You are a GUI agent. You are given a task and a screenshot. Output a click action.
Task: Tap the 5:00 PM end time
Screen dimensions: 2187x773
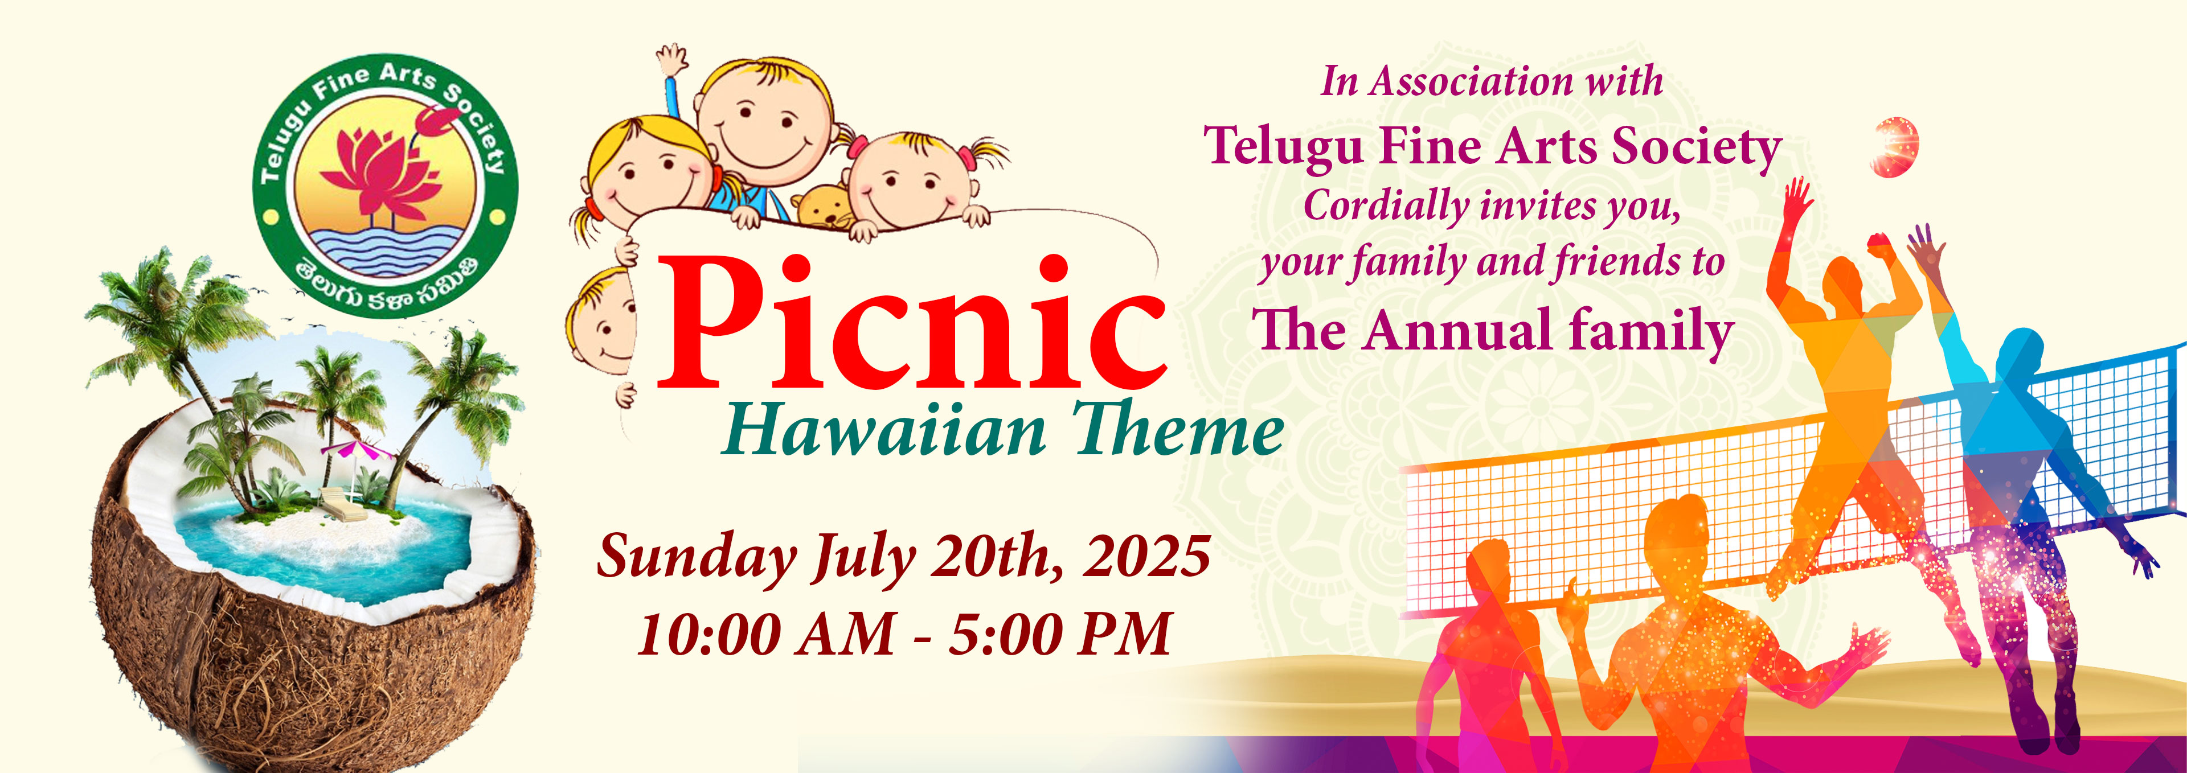(1059, 634)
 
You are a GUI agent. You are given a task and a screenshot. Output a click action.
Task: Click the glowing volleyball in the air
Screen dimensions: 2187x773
(1895, 147)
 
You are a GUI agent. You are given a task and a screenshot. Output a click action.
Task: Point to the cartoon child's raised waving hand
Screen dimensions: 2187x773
(673, 61)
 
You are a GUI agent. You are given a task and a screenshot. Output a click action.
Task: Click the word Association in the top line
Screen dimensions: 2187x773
(1472, 81)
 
